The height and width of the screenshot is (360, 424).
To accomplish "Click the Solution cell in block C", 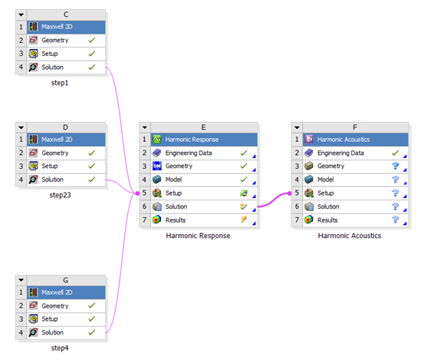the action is click(66, 67).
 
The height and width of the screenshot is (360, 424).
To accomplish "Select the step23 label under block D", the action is click(60, 195).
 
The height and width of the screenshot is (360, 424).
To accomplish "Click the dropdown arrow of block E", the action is click(145, 127).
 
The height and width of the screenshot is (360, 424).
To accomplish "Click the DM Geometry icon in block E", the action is click(157, 166).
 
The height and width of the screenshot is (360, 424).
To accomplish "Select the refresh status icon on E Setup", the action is click(244, 193).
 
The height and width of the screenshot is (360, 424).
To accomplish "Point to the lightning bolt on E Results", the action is click(244, 220).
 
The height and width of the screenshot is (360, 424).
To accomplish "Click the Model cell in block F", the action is click(355, 180).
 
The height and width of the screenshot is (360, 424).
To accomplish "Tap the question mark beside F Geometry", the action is click(395, 166).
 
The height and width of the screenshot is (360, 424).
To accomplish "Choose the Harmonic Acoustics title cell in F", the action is click(355, 140).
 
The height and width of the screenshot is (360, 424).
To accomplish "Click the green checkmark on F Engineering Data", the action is click(395, 153).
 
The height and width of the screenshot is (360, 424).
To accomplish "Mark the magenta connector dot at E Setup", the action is click(137, 193).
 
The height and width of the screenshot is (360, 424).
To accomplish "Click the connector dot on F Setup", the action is click(289, 193).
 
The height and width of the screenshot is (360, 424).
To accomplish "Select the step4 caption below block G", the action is click(60, 348).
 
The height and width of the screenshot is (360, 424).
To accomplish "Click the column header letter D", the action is click(65, 127).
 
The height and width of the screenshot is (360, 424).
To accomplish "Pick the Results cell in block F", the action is click(355, 220).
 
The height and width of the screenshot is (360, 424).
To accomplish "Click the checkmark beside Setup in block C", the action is click(92, 54).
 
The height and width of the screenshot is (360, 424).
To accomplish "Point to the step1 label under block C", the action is click(60, 83).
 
